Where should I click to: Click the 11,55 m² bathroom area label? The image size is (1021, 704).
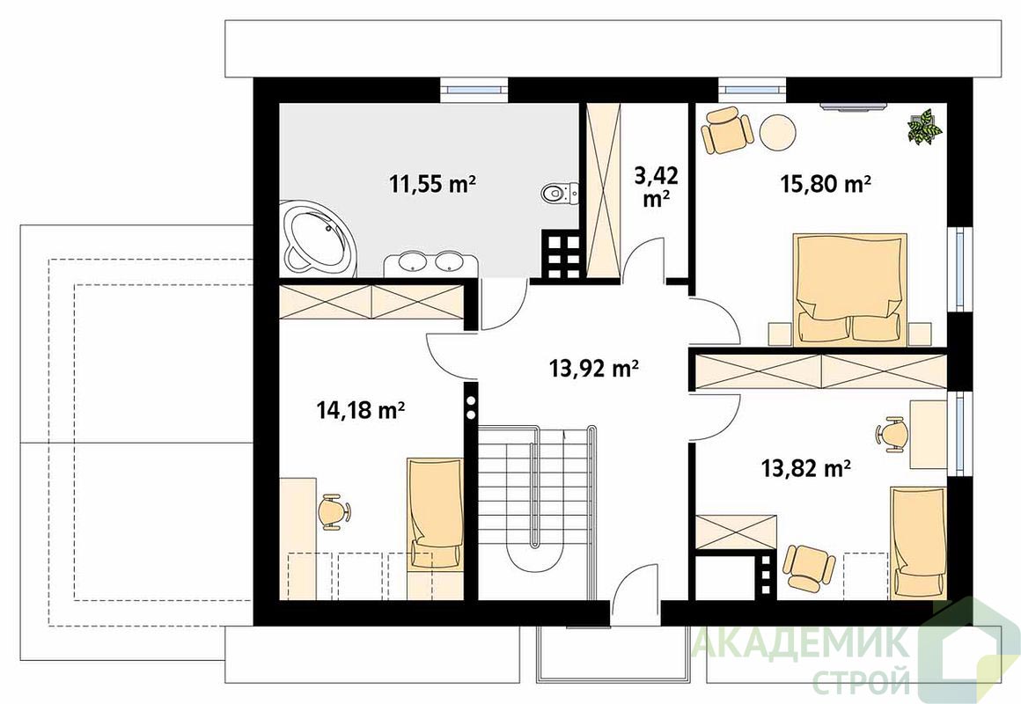coord(432,184)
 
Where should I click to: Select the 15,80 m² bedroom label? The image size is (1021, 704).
coord(826,184)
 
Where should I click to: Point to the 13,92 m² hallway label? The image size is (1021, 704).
coord(593,369)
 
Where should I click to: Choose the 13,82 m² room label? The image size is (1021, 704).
coord(806,467)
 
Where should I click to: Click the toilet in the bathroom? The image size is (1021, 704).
coord(559,193)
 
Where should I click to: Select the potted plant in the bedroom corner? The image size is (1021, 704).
coord(925,127)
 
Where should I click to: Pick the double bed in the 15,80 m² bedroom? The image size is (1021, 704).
coord(849,287)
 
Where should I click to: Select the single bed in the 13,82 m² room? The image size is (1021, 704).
coord(918,542)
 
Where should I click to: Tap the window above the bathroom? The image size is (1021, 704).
coord(474,88)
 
